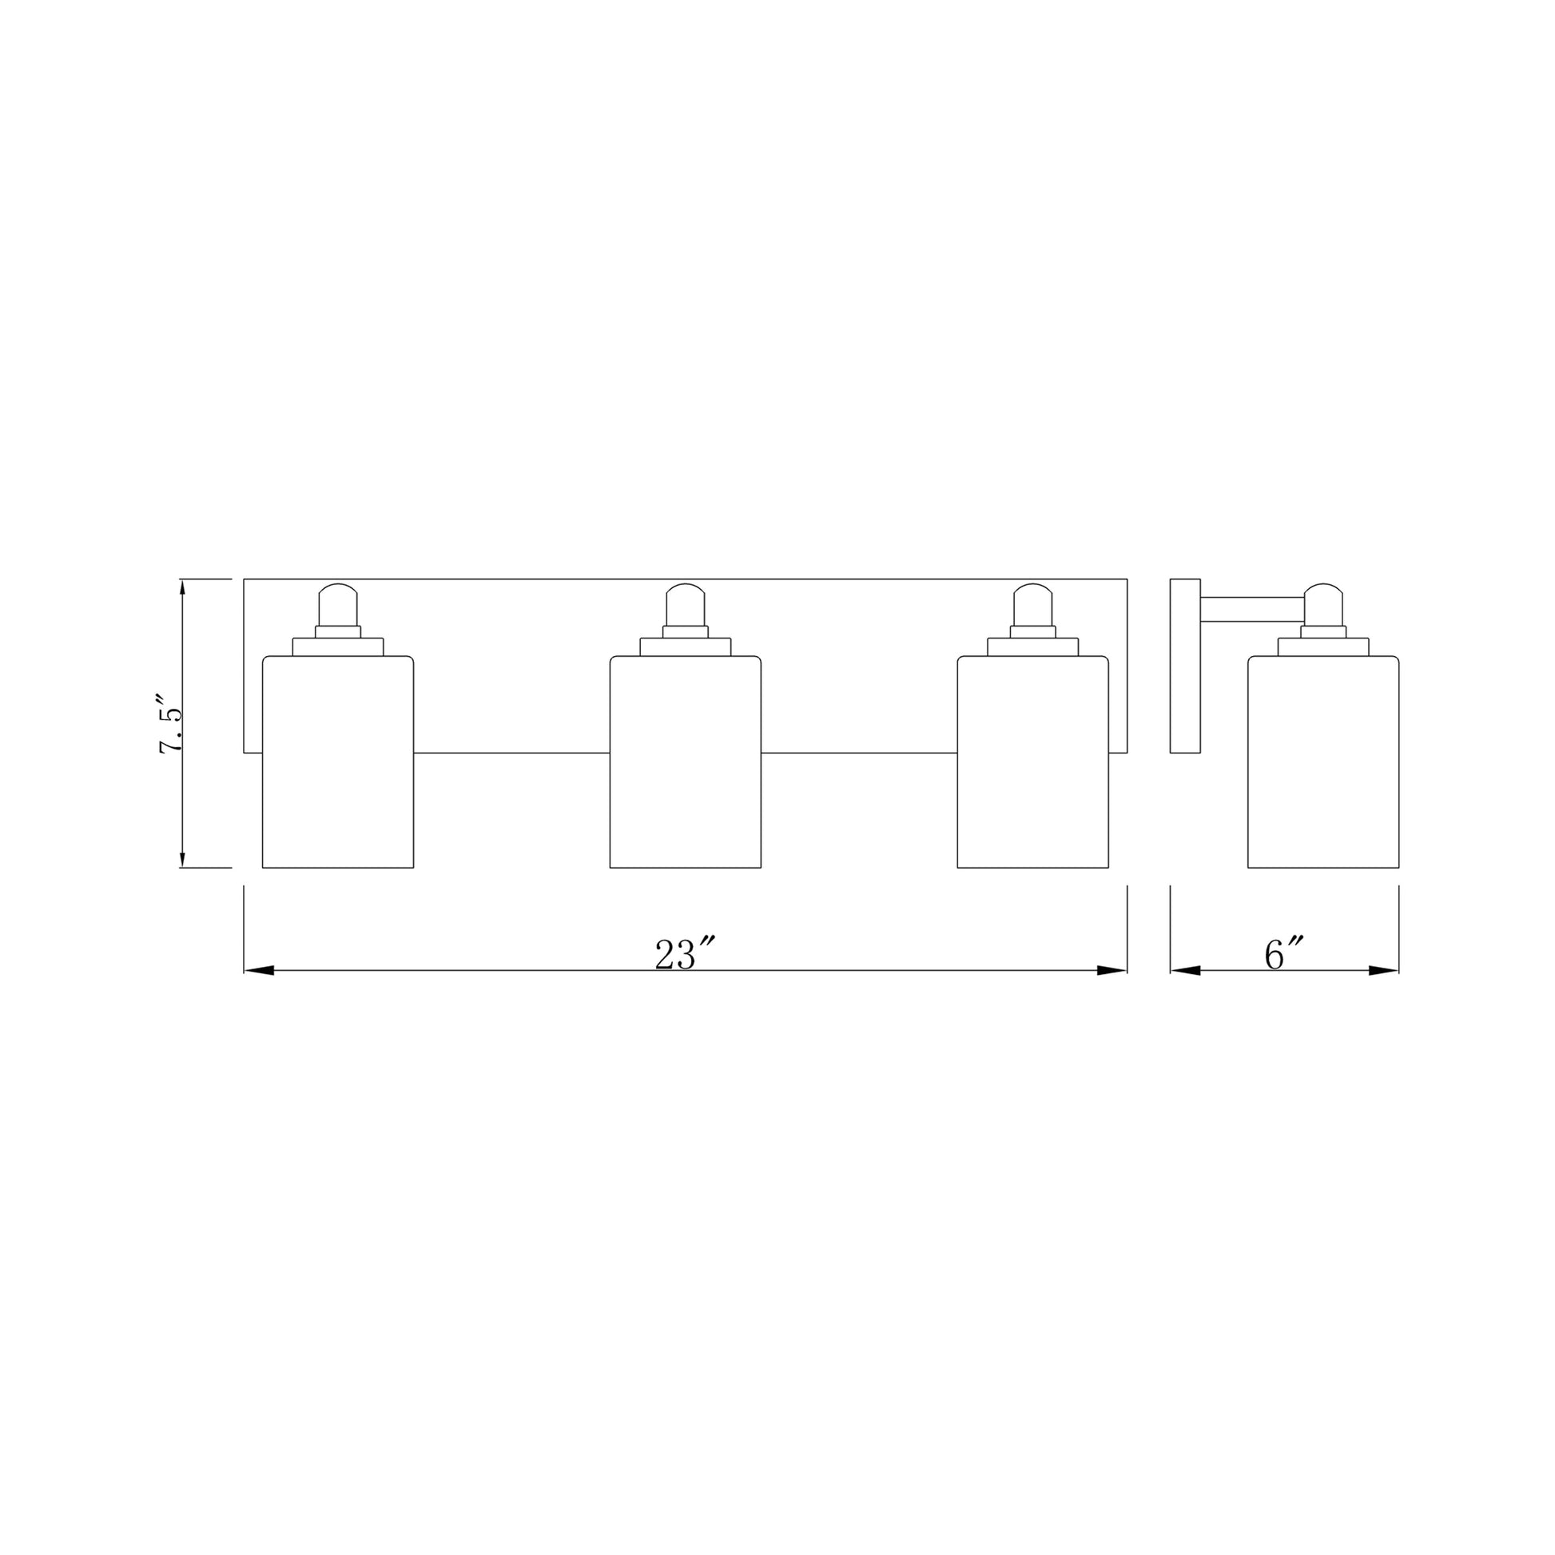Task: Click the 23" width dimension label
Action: pyautogui.click(x=684, y=955)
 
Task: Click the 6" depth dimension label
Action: pyautogui.click(x=1285, y=955)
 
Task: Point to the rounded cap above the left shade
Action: pyautogui.click(x=337, y=604)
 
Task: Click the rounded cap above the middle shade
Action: pyautogui.click(x=685, y=604)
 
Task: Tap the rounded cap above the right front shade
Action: pyautogui.click(x=1032, y=604)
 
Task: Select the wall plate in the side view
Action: pyautogui.click(x=1185, y=666)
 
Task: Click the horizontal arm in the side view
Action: pyautogui.click(x=1251, y=609)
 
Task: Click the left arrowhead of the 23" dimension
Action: pyautogui.click(x=260, y=971)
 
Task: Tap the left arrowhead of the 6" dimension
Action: pyautogui.click(x=1186, y=971)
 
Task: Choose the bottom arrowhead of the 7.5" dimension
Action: pyautogui.click(x=183, y=858)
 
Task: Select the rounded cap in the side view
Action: pyautogui.click(x=1323, y=604)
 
